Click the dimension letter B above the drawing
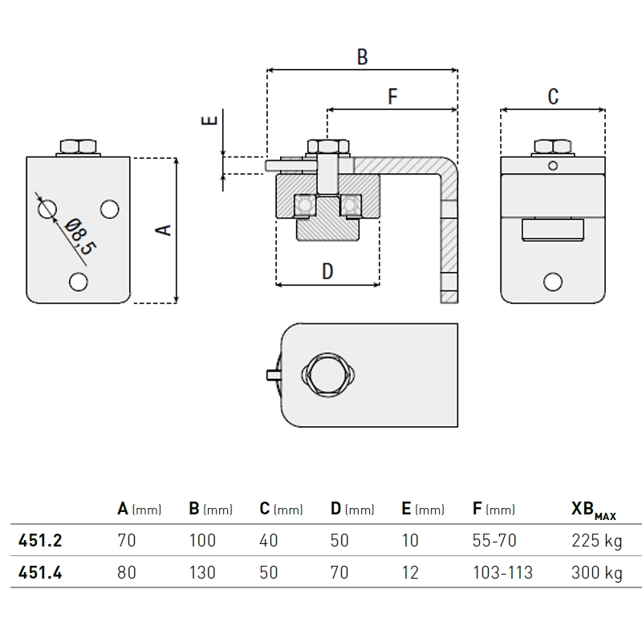click(x=362, y=57)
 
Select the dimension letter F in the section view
click(x=392, y=97)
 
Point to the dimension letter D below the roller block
click(x=327, y=271)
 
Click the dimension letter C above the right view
click(x=553, y=97)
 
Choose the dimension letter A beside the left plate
click(x=163, y=230)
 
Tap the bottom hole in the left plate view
click(x=79, y=282)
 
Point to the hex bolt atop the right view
click(x=552, y=147)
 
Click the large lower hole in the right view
click(x=552, y=281)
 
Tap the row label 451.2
click(x=40, y=541)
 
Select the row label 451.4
click(x=40, y=573)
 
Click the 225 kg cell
click(x=596, y=541)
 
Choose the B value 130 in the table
click(x=202, y=573)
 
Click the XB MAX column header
click(x=593, y=510)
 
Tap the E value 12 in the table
click(x=410, y=573)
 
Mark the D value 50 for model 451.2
click(x=339, y=541)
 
